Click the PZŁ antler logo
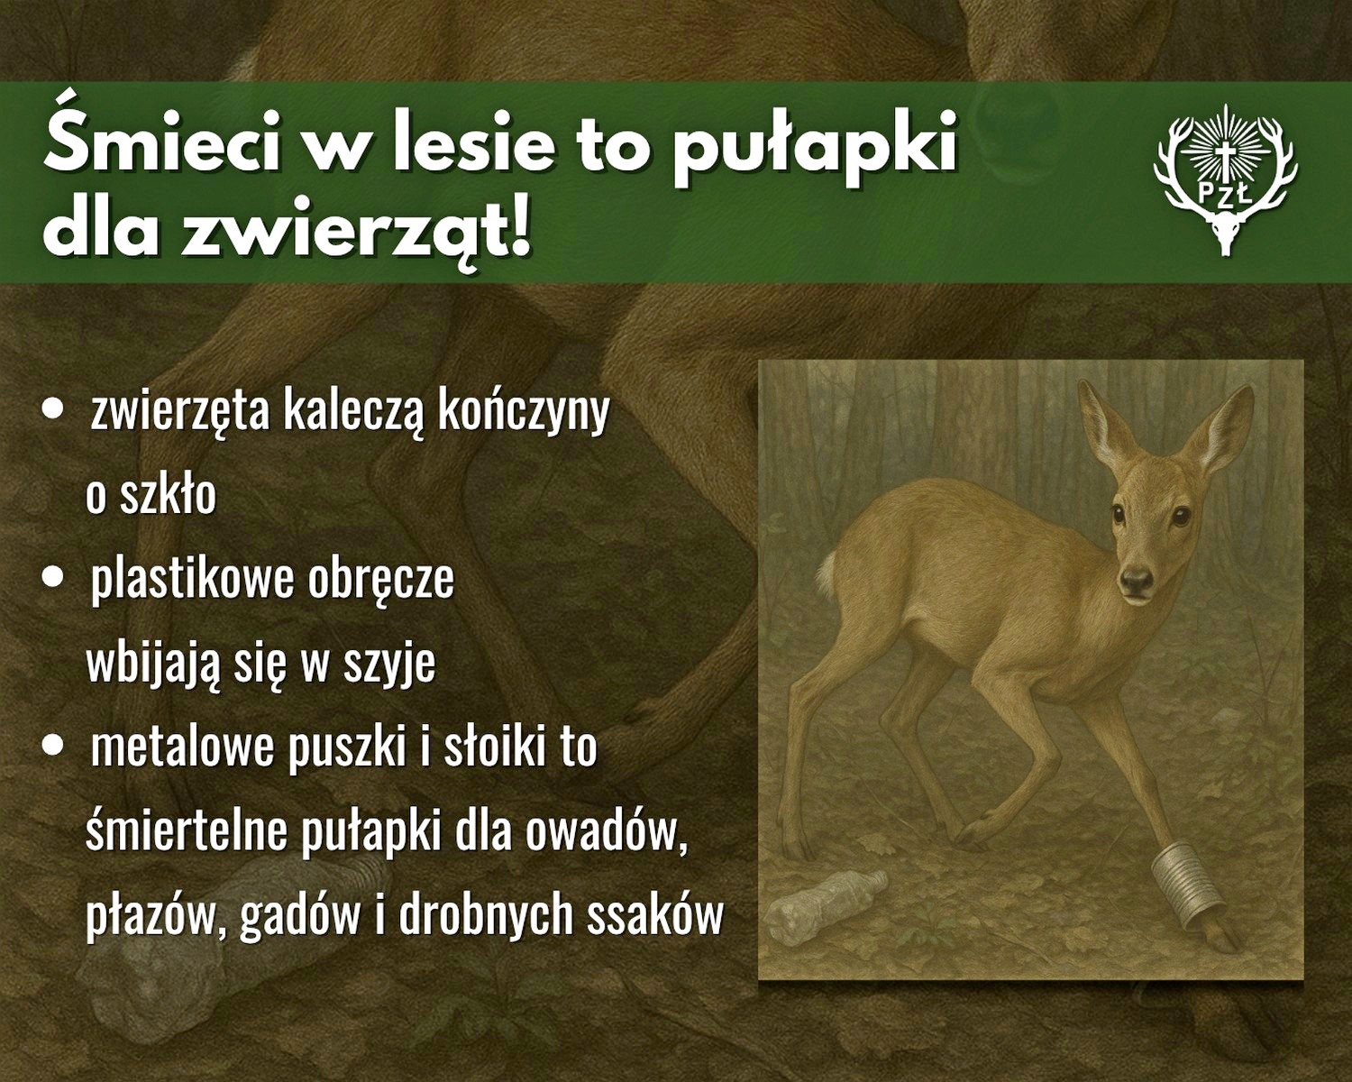[1225, 180]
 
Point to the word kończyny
[524, 412]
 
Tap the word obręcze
[380, 577]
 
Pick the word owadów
[606, 831]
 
